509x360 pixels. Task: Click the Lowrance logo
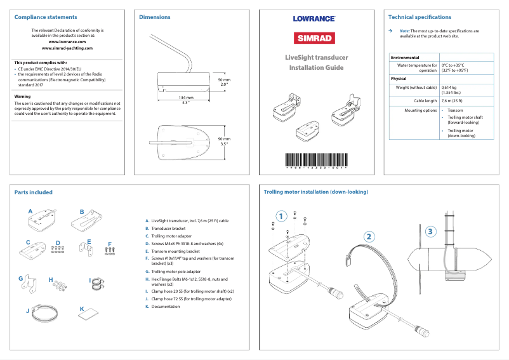[314, 18]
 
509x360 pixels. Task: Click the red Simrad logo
[314, 37]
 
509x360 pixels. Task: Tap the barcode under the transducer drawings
[314, 160]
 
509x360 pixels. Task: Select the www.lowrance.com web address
[67, 41]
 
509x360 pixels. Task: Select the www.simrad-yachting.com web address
[67, 48]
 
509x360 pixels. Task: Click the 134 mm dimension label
[185, 98]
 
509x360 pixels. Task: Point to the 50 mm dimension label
[224, 81]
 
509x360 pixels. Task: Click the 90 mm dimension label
[224, 139]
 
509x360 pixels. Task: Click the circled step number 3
[431, 231]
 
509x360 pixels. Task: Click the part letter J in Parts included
[27, 311]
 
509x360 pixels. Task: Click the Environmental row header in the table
[404, 57]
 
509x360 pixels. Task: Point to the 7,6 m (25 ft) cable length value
[451, 100]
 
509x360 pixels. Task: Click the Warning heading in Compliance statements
[22, 97]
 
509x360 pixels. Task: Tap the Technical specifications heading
[420, 17]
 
